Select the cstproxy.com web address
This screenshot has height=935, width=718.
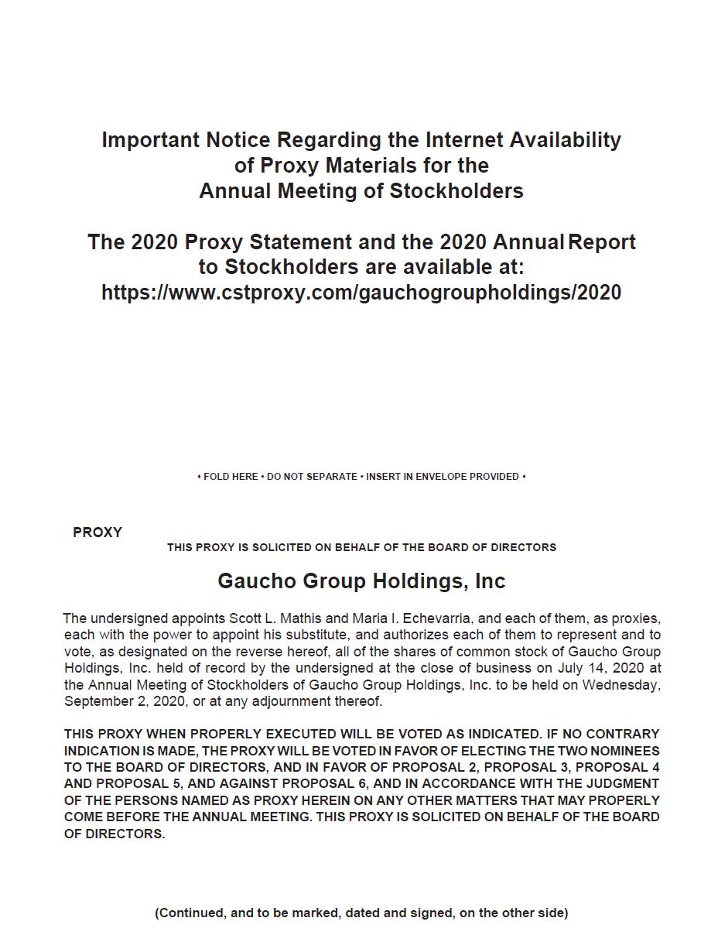point(361,293)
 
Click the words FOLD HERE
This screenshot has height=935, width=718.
point(230,477)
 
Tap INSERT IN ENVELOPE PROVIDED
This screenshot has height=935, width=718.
point(442,477)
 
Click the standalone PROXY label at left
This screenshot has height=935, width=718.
point(97,533)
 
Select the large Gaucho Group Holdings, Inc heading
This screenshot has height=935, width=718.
point(361,581)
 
